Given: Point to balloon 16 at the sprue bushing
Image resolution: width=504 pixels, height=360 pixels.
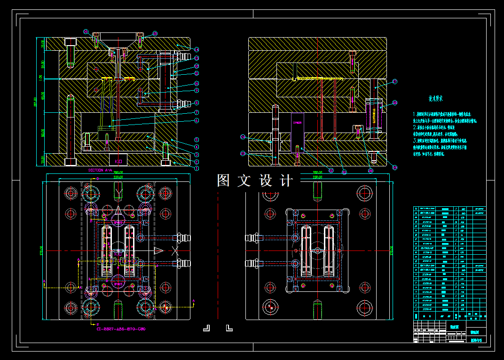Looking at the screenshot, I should pos(86,31).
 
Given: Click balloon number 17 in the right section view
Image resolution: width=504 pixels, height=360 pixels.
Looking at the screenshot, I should pos(394,81).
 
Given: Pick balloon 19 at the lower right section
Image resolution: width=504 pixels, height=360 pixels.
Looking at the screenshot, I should pos(394,167).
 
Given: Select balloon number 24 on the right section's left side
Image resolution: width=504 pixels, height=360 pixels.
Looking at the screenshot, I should pos(243,137).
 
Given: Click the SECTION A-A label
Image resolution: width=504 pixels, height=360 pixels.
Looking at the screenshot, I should pos(100,171).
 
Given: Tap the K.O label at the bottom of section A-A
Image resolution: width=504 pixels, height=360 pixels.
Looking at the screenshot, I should pos(118,161).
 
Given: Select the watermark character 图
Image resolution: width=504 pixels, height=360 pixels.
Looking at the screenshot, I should pos(223,180).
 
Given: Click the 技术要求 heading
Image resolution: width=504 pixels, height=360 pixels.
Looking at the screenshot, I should pos(435,99).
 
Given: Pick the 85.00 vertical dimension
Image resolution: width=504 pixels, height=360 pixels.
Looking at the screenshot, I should pos(42,96).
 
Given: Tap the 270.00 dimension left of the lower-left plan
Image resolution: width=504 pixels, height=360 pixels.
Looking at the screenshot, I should pos(41,248).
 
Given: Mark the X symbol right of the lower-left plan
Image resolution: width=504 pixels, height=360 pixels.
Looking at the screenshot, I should pos(175,251).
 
